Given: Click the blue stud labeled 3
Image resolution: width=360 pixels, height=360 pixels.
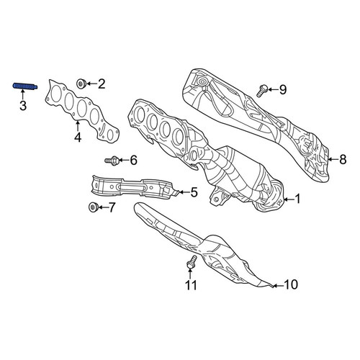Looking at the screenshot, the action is [24, 86].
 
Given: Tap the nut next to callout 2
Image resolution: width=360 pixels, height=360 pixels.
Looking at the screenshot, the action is [81, 84].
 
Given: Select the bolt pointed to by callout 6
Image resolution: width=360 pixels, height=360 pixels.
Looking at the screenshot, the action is [112, 160].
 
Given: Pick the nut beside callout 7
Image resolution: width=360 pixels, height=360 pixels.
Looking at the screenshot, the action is [93, 207].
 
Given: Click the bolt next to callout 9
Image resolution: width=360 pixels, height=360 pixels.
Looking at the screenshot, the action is [262, 91].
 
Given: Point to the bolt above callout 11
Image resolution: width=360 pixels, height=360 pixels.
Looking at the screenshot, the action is [192, 262].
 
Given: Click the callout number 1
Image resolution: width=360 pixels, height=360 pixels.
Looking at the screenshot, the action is [297, 199].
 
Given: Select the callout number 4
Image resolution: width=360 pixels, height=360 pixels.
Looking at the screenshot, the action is [78, 138].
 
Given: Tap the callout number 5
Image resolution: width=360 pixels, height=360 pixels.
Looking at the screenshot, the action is [194, 192].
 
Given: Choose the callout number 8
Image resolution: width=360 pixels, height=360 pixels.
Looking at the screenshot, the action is [343, 159].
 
